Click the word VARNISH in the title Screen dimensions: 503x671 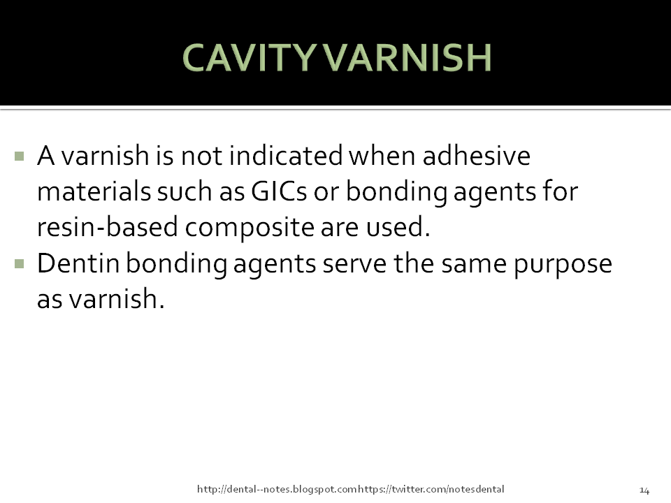click(x=410, y=59)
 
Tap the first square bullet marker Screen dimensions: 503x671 click(x=19, y=155)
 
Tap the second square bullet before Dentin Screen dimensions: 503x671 click(x=19, y=264)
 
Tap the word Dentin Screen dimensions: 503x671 click(x=77, y=264)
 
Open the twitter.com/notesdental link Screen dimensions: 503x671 click(x=431, y=489)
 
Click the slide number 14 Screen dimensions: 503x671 click(x=644, y=489)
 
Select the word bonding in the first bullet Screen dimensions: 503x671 click(x=403, y=191)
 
